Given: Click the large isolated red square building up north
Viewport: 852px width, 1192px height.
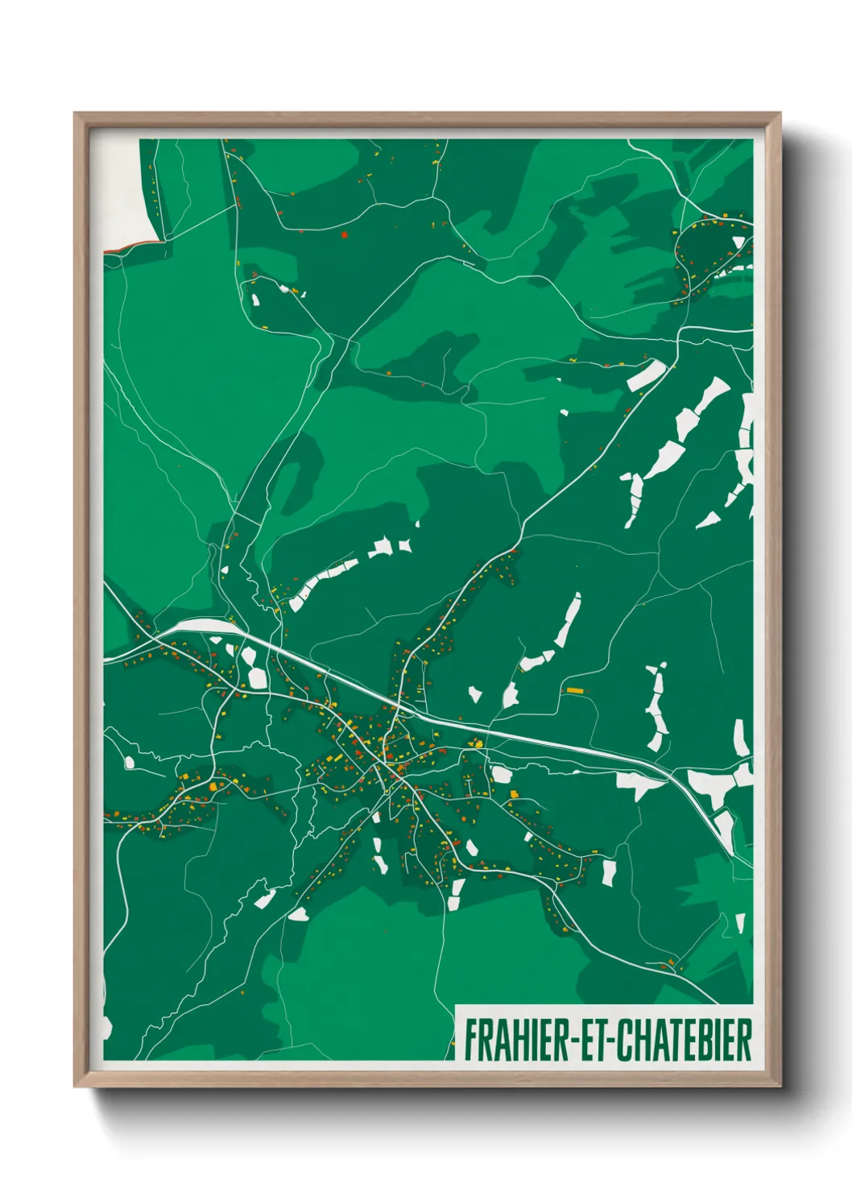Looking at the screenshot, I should click(x=344, y=235).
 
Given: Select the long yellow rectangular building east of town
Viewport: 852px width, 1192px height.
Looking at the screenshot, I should click(x=574, y=690).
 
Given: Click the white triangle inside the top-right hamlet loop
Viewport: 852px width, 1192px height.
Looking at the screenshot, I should click(x=738, y=242).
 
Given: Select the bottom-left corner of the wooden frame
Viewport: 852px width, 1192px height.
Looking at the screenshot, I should click(x=76, y=1086).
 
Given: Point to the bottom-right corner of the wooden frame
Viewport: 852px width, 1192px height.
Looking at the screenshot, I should click(x=780, y=1086).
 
